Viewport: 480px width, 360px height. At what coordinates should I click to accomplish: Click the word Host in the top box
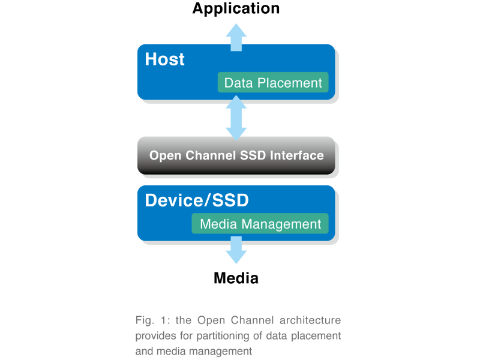pyautogui.click(x=164, y=59)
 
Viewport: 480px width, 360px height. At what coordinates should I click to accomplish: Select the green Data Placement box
pyautogui.click(x=273, y=83)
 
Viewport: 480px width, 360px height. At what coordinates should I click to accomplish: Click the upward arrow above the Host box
pyautogui.click(x=236, y=36)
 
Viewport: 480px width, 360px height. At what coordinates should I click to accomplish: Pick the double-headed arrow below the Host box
pyautogui.click(x=236, y=118)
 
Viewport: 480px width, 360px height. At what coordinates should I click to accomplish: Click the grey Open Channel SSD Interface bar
pyautogui.click(x=236, y=155)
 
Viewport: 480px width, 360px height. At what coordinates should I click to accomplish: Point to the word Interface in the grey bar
pyautogui.click(x=297, y=155)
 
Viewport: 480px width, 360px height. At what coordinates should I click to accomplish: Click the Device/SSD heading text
pyautogui.click(x=196, y=200)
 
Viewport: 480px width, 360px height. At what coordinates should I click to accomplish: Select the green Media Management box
pyautogui.click(x=260, y=224)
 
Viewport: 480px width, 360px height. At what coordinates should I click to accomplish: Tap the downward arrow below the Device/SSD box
pyautogui.click(x=236, y=251)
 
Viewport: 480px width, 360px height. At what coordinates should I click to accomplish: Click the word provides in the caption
pyautogui.click(x=154, y=335)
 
